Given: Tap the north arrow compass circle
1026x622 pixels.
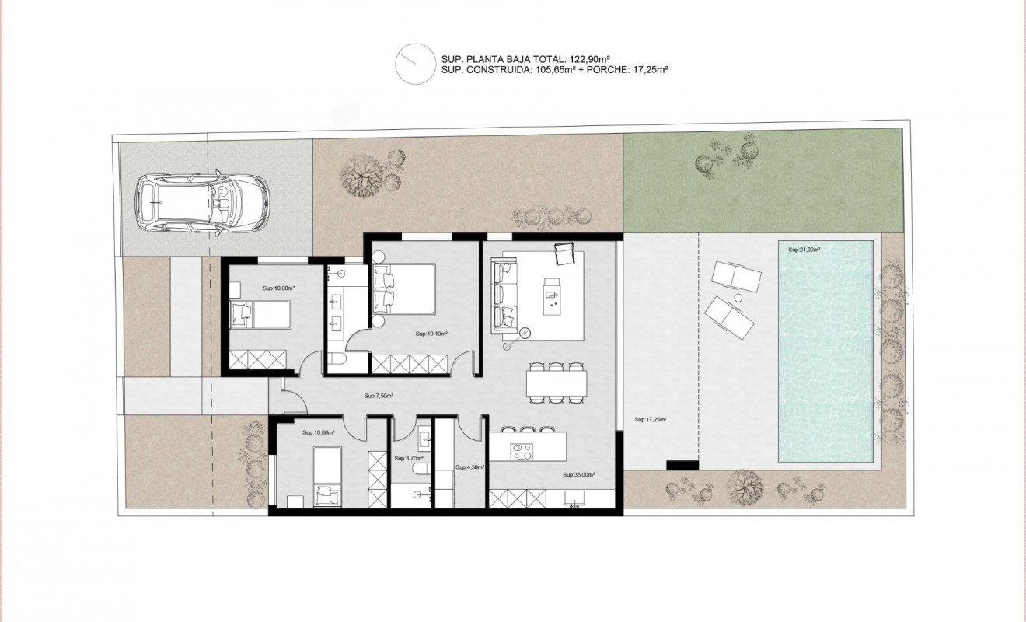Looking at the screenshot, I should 413,64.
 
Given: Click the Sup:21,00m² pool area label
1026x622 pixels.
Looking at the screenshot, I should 804,250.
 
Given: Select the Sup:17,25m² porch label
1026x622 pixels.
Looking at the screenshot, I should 651,420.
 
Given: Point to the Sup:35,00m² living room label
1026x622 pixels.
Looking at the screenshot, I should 578,474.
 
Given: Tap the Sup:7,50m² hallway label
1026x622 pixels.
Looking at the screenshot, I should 379,396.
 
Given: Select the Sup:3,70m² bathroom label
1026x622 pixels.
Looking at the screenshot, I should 407,459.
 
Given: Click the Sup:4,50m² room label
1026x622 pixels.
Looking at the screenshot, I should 470,467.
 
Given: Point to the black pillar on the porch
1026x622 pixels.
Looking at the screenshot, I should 682,465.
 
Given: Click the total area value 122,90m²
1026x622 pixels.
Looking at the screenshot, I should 584,58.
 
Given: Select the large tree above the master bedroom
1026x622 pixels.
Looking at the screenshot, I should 361,175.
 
